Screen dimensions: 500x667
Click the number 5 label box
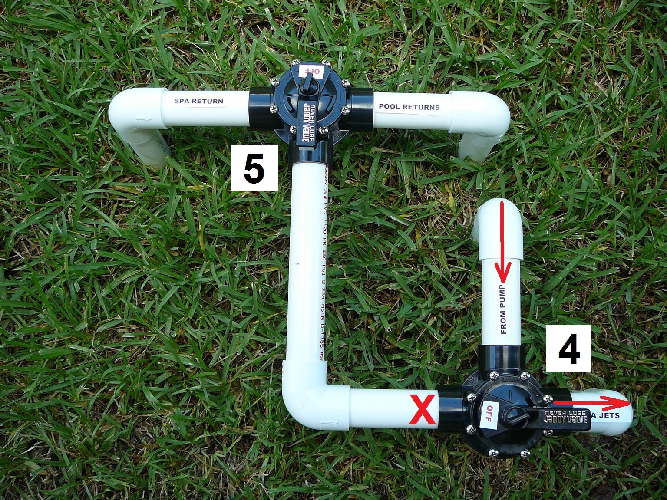[254, 168]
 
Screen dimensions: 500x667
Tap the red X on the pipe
[423, 411]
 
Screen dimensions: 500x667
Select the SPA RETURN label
[198, 102]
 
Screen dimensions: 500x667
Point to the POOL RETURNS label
[409, 107]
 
